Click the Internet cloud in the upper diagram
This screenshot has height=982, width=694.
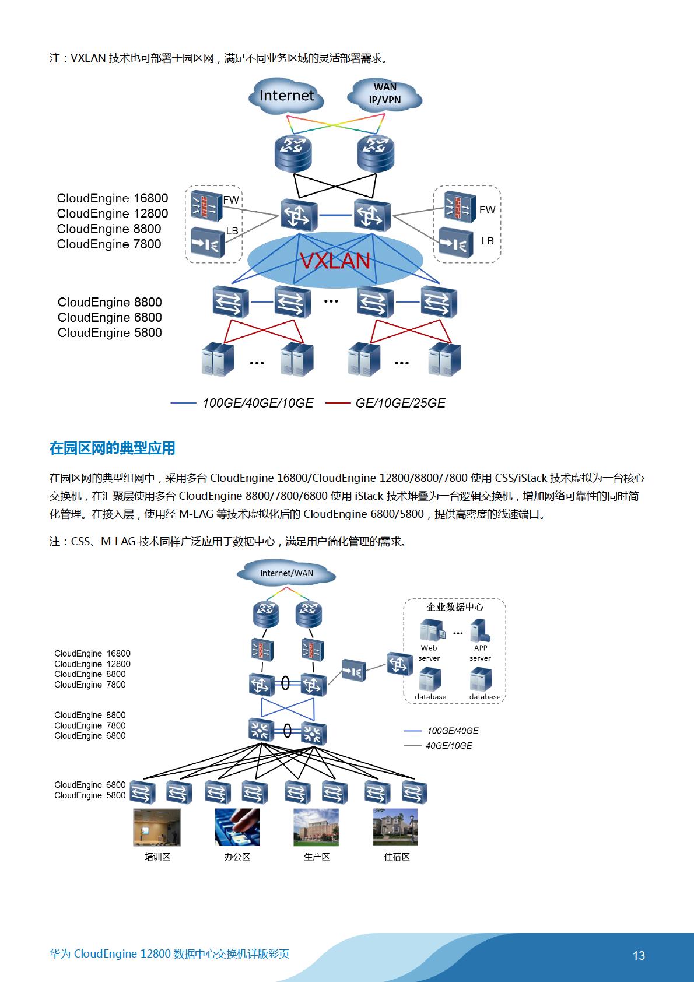286,96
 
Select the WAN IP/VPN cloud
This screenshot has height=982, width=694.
384,94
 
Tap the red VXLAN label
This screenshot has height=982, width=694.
335,261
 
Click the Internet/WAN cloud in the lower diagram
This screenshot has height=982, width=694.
286,573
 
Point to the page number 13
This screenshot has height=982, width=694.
639,955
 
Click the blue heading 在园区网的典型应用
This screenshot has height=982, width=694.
112,448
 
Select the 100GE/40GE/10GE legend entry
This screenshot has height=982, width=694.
242,403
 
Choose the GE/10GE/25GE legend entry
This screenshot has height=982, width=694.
385,403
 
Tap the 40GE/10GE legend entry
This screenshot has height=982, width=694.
438,746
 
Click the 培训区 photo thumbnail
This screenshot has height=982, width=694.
157,827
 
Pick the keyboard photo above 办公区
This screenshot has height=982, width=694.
237,827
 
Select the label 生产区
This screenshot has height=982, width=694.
317,857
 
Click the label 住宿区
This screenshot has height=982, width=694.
397,857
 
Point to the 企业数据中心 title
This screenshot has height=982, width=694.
455,606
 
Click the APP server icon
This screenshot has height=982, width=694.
480,630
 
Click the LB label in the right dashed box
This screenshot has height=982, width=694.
488,241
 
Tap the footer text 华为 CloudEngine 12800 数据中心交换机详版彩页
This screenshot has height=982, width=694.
169,953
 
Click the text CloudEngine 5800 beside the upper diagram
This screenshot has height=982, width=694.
110,333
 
